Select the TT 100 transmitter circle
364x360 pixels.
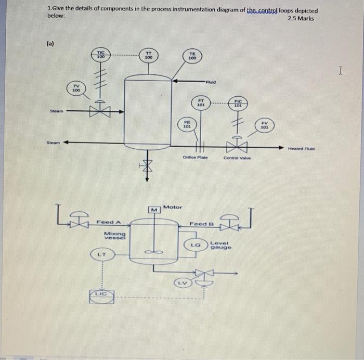pos(148,56)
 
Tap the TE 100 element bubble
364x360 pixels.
pos(192,56)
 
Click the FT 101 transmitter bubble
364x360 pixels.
pos(201,102)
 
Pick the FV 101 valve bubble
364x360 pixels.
pos(264,125)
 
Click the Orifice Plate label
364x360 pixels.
pos(195,157)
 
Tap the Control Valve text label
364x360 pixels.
pos(237,157)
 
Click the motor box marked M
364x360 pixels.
pos(154,210)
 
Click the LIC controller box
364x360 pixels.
pos(101,295)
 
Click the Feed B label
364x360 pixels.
pos(200,224)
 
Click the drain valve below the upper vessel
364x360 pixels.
pos(147,165)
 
